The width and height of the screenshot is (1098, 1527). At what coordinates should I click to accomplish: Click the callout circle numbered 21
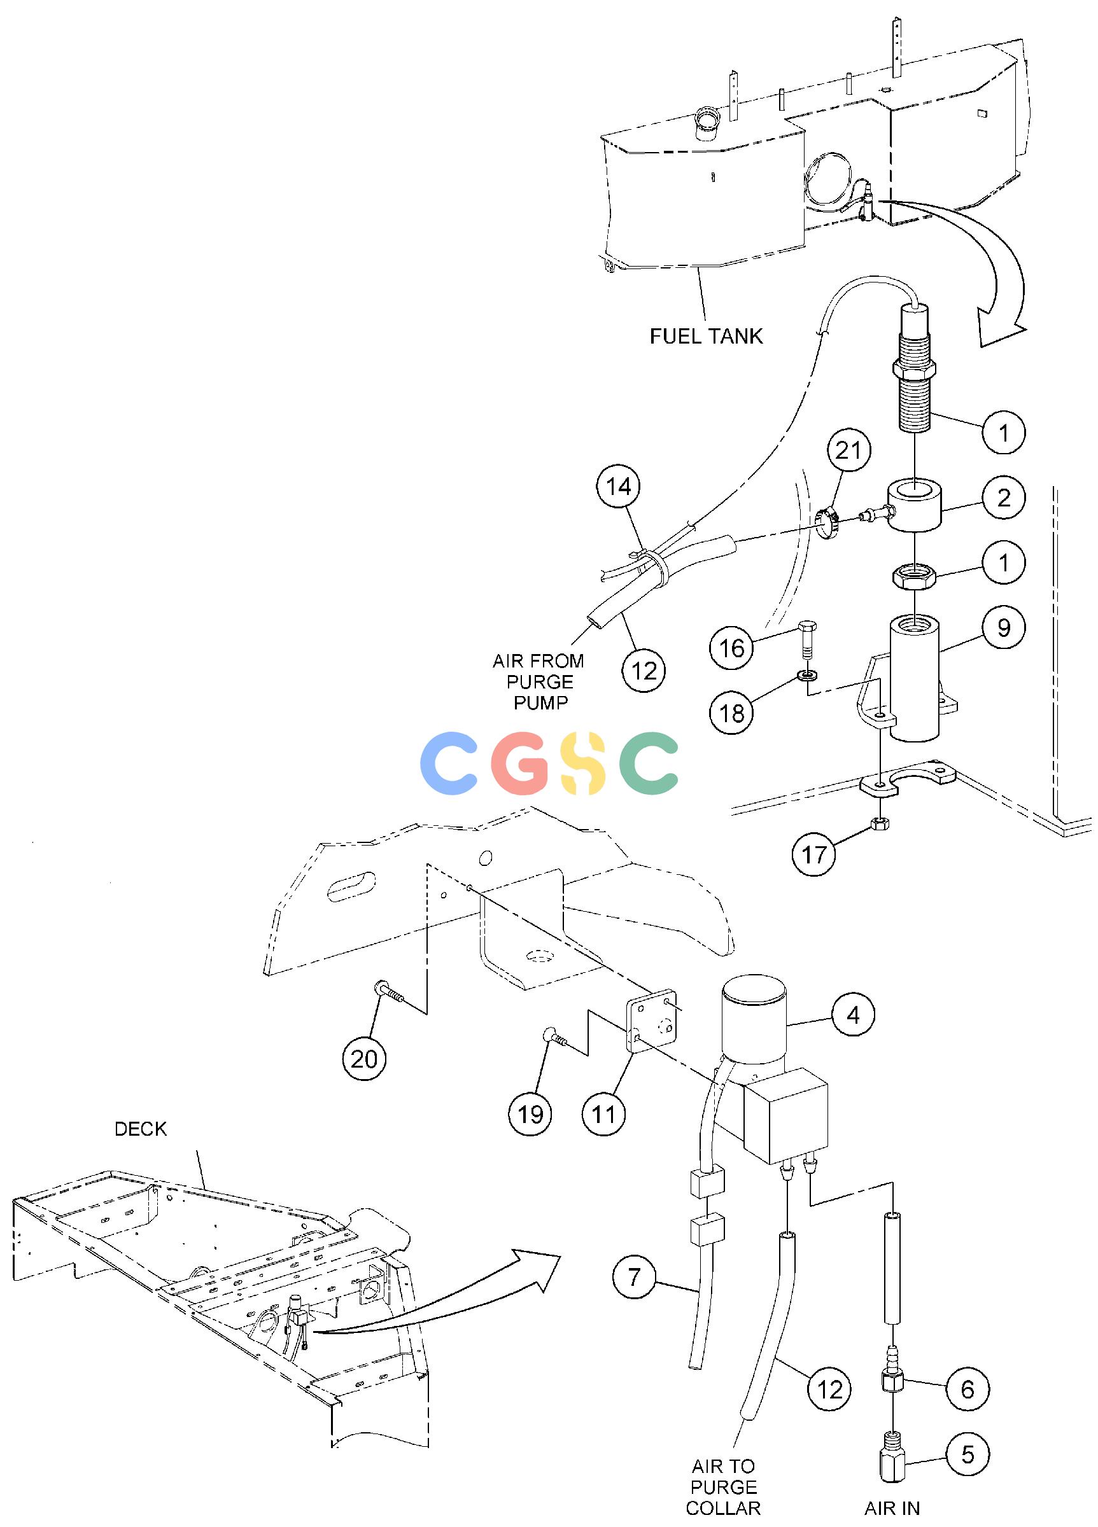[x=847, y=450]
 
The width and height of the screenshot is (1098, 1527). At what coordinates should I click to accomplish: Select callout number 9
[x=1004, y=627]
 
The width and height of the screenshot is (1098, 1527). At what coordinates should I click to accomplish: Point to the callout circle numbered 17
[x=813, y=854]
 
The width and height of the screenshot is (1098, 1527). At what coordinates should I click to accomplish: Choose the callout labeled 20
[x=365, y=1059]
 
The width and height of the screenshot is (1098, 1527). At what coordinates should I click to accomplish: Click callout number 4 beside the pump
[x=853, y=1015]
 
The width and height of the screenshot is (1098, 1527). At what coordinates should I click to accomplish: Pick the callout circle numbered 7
[x=634, y=1276]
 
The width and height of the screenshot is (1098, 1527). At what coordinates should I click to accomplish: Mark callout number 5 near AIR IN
[x=968, y=1454]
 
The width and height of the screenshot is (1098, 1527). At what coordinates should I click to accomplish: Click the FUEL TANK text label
[x=706, y=336]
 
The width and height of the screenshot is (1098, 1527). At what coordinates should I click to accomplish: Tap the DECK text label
[x=140, y=1129]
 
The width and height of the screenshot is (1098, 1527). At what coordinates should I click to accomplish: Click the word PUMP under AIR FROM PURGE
[x=540, y=703]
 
